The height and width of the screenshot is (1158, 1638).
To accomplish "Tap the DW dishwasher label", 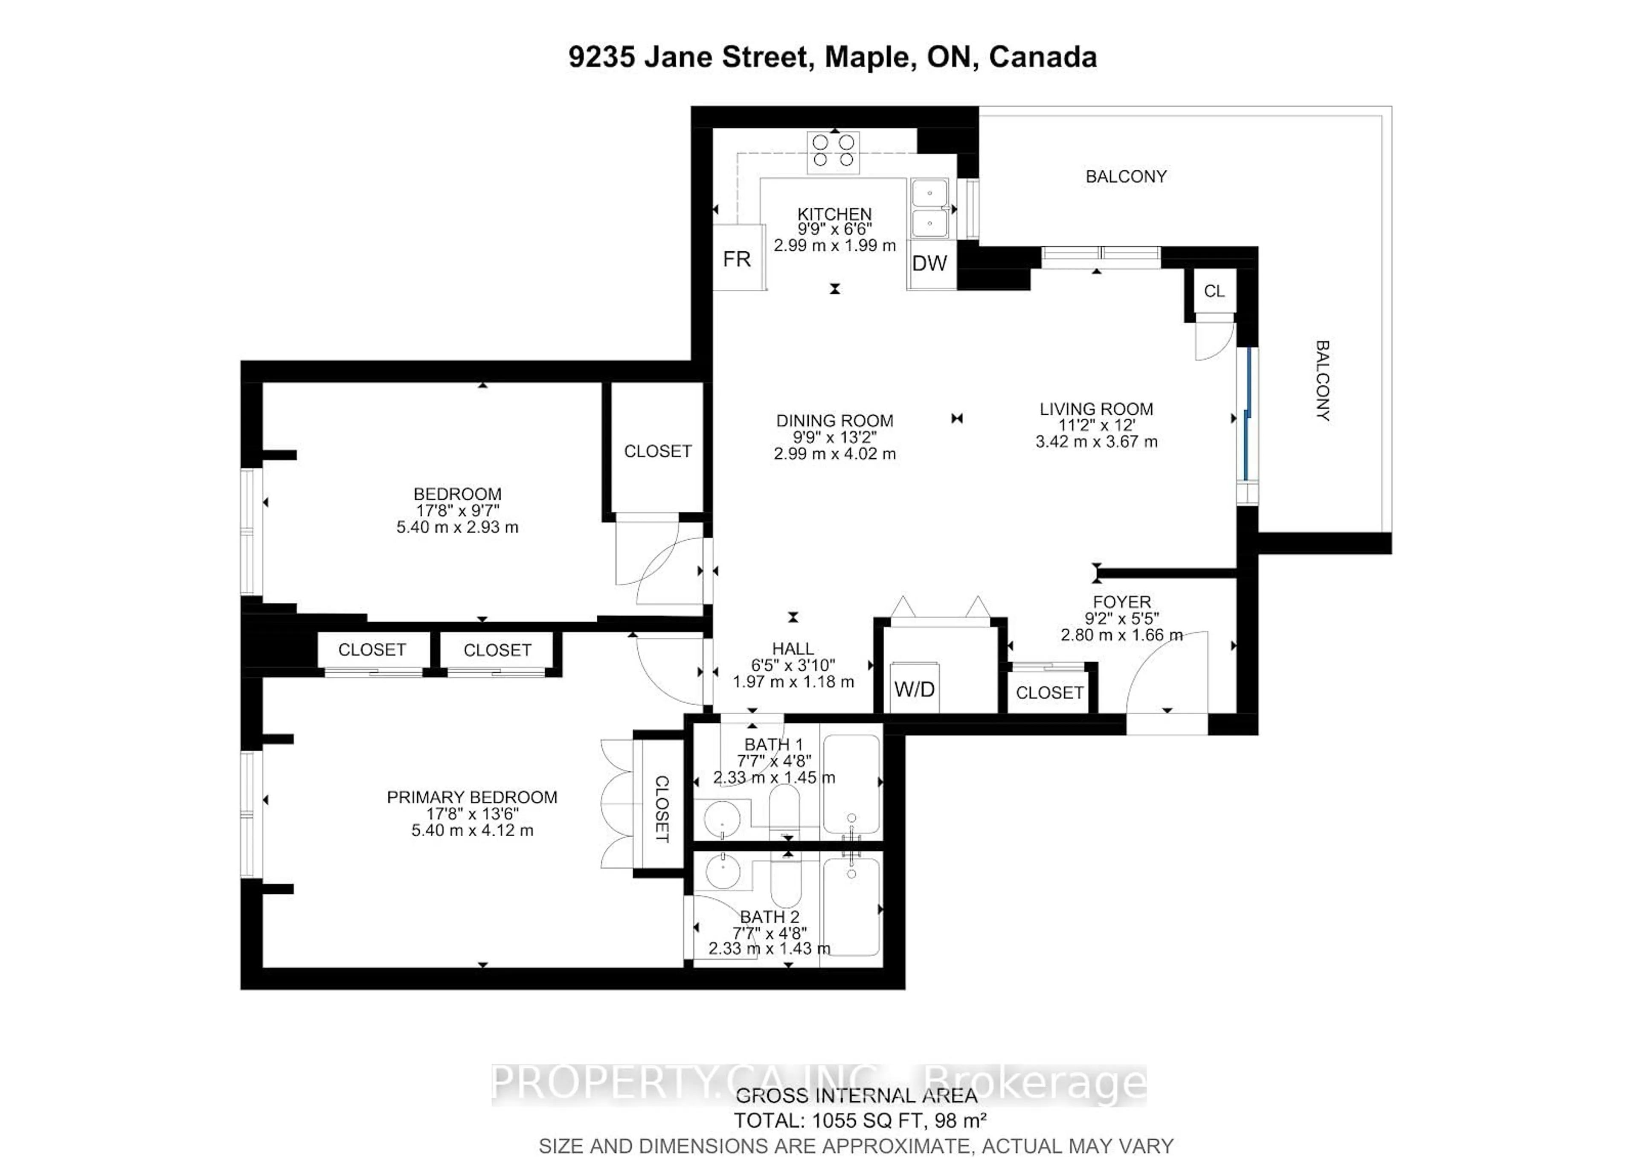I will (929, 263).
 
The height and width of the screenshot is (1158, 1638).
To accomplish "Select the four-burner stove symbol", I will (833, 151).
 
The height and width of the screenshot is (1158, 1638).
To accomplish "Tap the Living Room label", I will (1096, 409).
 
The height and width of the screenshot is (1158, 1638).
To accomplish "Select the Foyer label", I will (1121, 602).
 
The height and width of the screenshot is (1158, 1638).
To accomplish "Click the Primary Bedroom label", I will (472, 797).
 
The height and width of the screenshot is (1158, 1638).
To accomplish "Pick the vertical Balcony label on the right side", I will (1322, 380).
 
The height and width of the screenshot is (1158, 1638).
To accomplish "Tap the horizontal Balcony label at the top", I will (1126, 176).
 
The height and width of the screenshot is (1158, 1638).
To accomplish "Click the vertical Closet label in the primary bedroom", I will (661, 809).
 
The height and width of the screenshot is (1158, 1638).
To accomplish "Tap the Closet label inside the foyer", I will (1049, 692).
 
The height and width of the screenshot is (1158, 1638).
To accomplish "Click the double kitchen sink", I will (929, 208).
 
